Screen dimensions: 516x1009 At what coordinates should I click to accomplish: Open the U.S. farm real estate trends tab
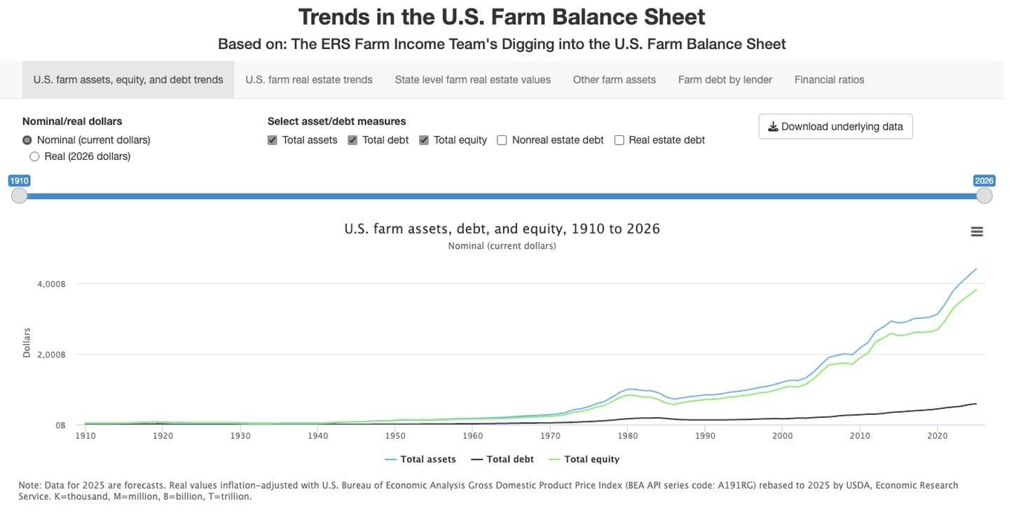(308, 80)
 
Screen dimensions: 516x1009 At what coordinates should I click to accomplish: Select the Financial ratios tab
(829, 80)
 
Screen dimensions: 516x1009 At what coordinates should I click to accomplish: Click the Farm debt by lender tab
(725, 80)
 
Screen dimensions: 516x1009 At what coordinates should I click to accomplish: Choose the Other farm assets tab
(614, 80)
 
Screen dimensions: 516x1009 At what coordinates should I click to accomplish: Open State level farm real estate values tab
(472, 80)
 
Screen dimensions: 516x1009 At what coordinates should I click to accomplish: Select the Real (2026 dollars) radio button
(34, 156)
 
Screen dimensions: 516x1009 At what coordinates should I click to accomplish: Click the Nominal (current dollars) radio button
(27, 140)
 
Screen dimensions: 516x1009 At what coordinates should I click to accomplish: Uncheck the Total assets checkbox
(273, 140)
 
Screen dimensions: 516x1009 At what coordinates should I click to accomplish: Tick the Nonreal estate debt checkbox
(502, 140)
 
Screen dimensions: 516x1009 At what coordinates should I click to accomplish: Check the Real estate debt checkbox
(619, 140)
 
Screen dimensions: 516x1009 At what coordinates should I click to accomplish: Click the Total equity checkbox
(424, 140)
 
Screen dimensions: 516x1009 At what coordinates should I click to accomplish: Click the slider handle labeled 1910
(19, 196)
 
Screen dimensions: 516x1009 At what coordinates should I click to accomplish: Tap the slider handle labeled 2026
(984, 196)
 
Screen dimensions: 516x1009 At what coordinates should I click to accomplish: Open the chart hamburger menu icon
(977, 232)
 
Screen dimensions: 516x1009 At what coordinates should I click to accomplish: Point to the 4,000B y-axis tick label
(51, 284)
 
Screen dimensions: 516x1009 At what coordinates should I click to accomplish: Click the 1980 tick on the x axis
(628, 435)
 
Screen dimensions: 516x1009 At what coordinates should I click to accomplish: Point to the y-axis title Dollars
(27, 342)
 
